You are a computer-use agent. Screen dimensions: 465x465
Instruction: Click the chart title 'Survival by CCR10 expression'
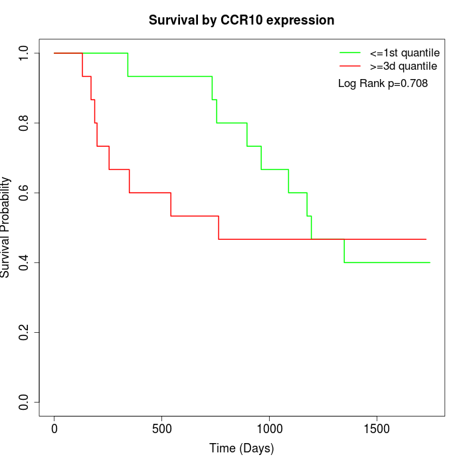coord(241,21)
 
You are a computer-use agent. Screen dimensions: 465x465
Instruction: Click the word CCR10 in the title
coord(242,21)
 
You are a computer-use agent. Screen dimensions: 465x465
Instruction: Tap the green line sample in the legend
coord(349,52)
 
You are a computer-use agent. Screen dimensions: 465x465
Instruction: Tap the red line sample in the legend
coord(349,66)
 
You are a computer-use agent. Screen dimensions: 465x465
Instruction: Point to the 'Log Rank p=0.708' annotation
coord(383,84)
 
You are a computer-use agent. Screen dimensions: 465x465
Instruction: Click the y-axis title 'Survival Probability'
coord(6,227)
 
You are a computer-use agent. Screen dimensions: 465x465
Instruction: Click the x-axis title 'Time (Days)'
coord(241,448)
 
